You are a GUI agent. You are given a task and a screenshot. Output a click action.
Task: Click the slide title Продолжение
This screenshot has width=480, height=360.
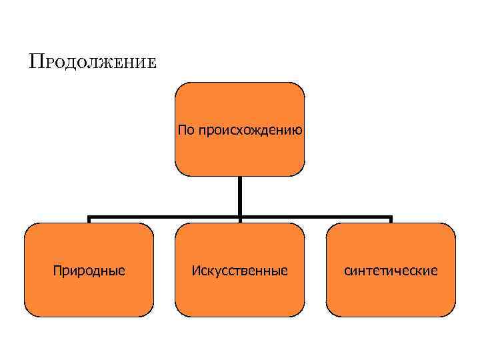pyautogui.click(x=93, y=62)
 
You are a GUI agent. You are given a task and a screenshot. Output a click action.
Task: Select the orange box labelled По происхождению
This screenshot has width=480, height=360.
pyautogui.click(x=239, y=129)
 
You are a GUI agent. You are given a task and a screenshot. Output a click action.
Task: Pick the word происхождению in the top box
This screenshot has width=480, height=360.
pyautogui.click(x=250, y=130)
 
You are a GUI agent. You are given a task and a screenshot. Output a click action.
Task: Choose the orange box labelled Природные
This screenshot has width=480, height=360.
pyautogui.click(x=89, y=269)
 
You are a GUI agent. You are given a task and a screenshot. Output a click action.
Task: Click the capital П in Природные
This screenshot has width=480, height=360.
pyautogui.click(x=57, y=270)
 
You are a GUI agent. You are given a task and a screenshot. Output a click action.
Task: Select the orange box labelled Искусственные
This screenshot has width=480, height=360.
pyautogui.click(x=239, y=269)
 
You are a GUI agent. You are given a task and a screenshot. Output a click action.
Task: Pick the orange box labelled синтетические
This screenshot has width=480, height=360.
pyautogui.click(x=391, y=269)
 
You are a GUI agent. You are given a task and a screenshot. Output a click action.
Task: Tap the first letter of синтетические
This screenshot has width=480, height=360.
pyautogui.click(x=347, y=271)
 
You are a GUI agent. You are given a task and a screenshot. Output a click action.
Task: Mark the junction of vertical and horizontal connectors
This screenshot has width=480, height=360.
pyautogui.click(x=239, y=217)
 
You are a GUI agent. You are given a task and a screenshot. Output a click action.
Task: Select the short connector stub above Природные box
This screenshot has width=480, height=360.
pyautogui.click(x=89, y=220)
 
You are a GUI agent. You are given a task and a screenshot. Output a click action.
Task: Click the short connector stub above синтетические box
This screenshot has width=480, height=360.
pyautogui.click(x=391, y=220)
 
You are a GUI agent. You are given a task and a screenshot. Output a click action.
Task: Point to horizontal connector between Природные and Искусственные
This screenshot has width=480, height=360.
pyautogui.click(x=164, y=217)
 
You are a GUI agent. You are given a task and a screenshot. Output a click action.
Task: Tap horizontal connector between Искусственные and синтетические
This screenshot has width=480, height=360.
pyautogui.click(x=315, y=217)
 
